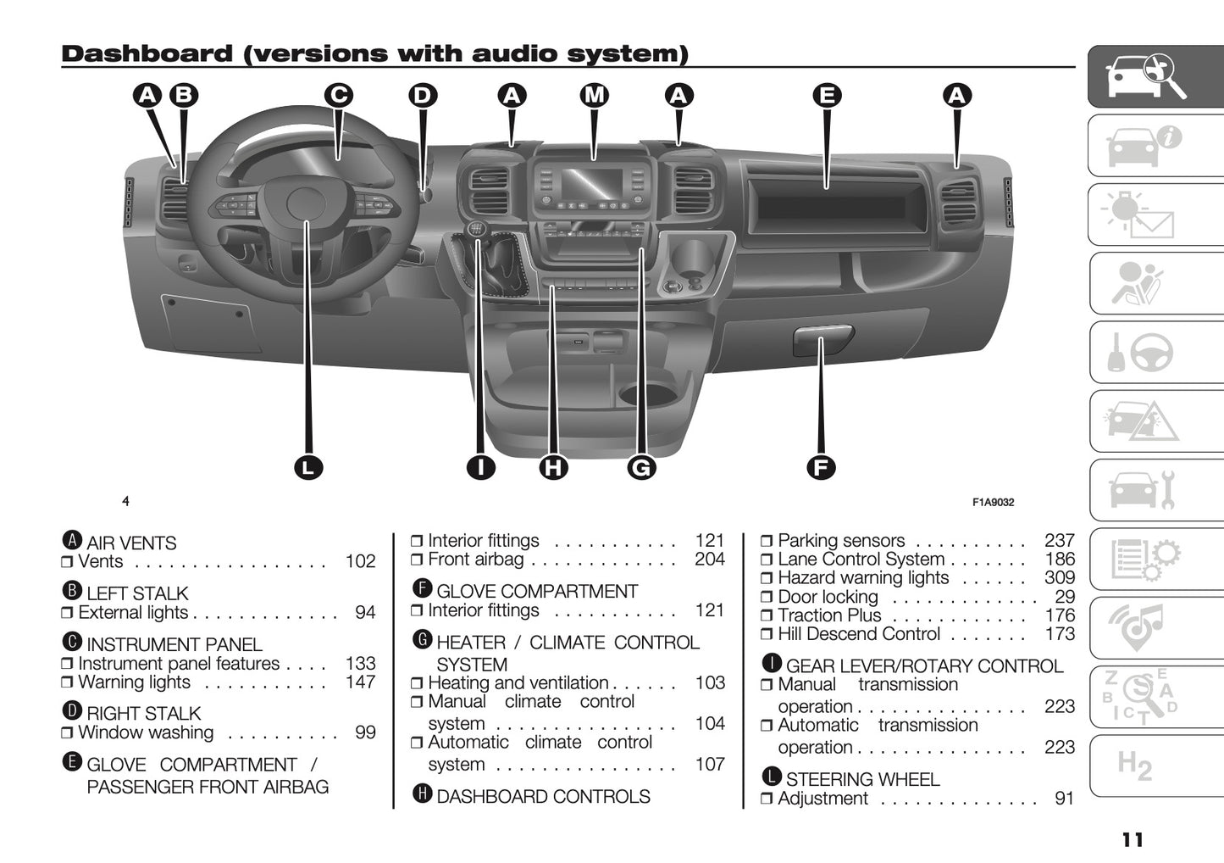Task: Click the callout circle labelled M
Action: click(595, 95)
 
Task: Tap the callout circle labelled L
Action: click(308, 467)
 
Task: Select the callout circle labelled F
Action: click(820, 467)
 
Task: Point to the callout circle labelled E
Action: click(827, 95)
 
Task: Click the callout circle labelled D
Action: click(422, 95)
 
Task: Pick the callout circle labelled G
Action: click(641, 467)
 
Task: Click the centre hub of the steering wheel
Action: click(306, 204)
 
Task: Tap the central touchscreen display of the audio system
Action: click(592, 185)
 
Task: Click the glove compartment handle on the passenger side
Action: click(822, 339)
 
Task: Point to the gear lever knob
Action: click(477, 230)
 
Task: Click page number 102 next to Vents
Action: click(360, 562)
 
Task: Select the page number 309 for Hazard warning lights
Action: click(1059, 578)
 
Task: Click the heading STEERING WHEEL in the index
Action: click(862, 779)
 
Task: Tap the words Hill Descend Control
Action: click(858, 634)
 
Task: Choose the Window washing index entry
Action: click(146, 732)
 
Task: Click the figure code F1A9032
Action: click(993, 502)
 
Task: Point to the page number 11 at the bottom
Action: click(1133, 839)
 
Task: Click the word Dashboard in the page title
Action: click(147, 54)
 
